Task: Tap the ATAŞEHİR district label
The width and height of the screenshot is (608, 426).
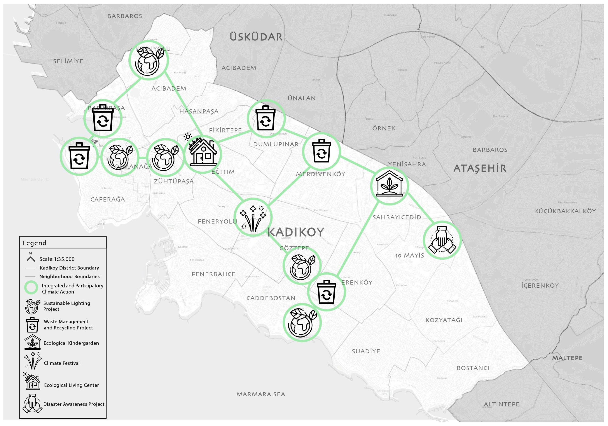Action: [480, 168]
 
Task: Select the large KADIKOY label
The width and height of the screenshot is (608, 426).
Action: [296, 232]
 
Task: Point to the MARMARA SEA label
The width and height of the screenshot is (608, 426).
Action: [261, 394]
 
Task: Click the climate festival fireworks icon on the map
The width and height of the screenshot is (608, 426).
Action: [253, 217]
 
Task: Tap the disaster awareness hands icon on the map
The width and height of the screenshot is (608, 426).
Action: [442, 240]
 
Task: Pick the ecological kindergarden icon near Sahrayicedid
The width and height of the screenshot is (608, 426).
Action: [389, 186]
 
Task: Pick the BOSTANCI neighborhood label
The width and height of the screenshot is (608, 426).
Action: [473, 368]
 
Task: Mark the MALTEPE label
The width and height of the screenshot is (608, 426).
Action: [567, 358]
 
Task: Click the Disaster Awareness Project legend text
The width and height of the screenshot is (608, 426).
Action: [74, 404]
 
